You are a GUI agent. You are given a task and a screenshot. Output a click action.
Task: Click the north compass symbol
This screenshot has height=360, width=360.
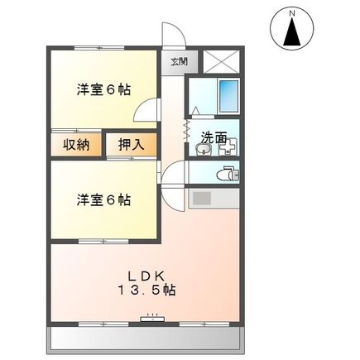coord(291,31)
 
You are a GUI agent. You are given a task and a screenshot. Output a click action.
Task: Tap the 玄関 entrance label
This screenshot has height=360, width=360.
coord(180,62)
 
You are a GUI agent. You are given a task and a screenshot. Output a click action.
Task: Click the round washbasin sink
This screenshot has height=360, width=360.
coord(202,149)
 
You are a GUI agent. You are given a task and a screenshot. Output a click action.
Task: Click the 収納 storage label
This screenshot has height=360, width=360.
coord(76,145)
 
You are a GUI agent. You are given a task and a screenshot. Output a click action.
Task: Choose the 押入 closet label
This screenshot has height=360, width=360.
coord(131,145)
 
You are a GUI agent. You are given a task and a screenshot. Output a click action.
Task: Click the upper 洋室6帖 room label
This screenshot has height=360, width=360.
coord(103,89)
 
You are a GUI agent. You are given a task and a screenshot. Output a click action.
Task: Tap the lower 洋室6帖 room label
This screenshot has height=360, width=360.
coord(103,199)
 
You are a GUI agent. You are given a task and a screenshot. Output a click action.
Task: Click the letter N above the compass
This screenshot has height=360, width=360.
coord(291,12)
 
